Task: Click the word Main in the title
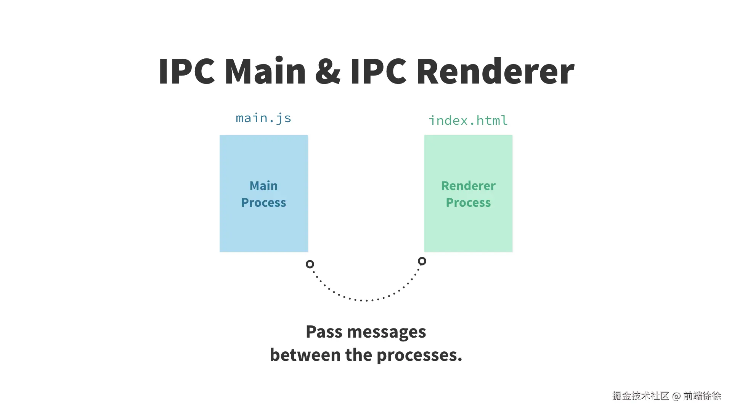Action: (x=265, y=71)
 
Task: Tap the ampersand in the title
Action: (x=328, y=71)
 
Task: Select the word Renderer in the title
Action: (x=495, y=71)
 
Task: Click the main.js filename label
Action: (x=263, y=118)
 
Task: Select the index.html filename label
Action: (x=468, y=121)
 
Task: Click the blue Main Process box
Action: (x=264, y=193)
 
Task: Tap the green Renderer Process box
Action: (x=468, y=193)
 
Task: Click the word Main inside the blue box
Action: (x=263, y=186)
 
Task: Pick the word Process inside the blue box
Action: (x=263, y=203)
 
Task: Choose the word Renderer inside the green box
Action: (x=468, y=186)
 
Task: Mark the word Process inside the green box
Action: (x=468, y=203)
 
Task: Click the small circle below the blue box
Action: (x=310, y=264)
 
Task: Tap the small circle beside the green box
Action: (x=422, y=261)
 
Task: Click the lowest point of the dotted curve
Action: (x=366, y=301)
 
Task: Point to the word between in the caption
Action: (x=305, y=355)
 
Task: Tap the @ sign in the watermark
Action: (x=676, y=396)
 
